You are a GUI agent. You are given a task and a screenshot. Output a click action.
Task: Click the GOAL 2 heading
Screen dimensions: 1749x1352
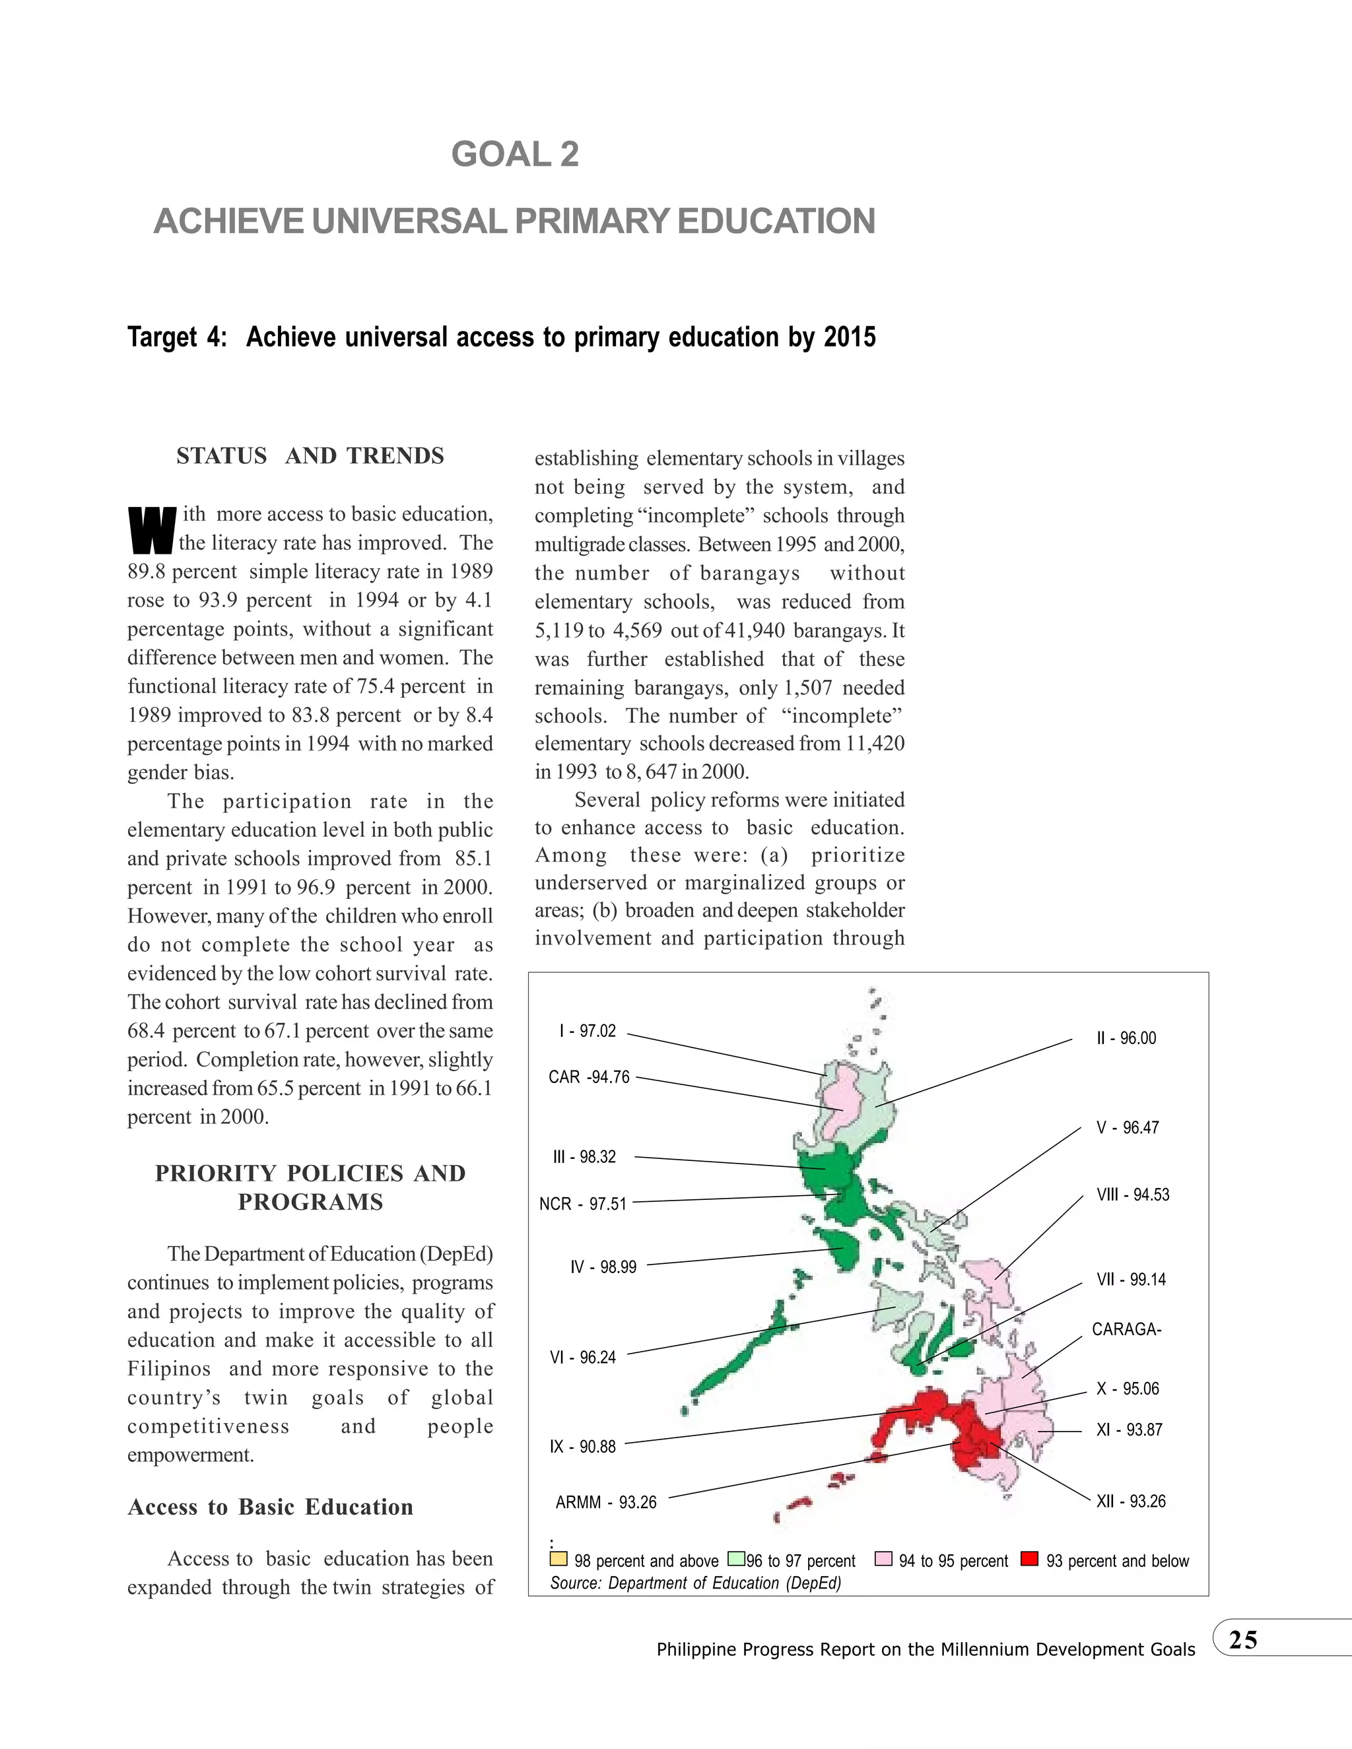pyautogui.click(x=515, y=154)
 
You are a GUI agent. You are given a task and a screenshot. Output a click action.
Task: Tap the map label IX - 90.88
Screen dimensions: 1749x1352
pyautogui.click(x=582, y=1446)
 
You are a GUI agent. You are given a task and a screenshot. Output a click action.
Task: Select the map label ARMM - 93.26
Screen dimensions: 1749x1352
pyautogui.click(x=605, y=1502)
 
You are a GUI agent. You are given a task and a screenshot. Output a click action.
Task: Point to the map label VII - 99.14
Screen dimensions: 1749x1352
pyautogui.click(x=1131, y=1279)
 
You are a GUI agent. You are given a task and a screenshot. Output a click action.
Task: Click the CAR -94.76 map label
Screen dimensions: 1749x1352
pyautogui.click(x=589, y=1077)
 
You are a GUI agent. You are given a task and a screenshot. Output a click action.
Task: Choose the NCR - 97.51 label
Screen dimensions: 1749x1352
pyautogui.click(x=582, y=1204)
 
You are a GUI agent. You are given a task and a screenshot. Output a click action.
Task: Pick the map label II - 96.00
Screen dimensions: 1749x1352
pyautogui.click(x=1126, y=1038)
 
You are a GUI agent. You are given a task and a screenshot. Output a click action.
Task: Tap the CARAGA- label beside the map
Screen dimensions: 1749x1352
pyautogui.click(x=1126, y=1329)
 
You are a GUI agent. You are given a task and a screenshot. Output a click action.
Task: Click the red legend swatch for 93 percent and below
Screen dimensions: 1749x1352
pyautogui.click(x=1030, y=1558)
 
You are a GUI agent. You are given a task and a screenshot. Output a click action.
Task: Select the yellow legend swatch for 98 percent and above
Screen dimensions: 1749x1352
pyautogui.click(x=558, y=1558)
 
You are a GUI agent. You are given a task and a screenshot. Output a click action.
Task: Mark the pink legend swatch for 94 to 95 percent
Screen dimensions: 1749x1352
pyautogui.click(x=883, y=1558)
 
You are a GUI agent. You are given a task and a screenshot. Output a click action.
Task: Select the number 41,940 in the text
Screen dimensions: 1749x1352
pyautogui.click(x=754, y=630)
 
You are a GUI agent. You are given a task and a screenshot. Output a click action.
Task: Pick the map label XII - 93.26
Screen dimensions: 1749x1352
pyautogui.click(x=1131, y=1501)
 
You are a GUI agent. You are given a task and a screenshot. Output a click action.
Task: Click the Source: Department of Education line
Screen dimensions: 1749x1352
pyautogui.click(x=695, y=1583)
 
